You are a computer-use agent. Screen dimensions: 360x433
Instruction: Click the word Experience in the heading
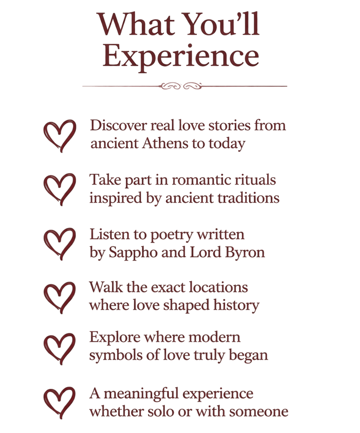(180, 56)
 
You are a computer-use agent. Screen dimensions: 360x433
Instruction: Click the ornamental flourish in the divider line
(181, 86)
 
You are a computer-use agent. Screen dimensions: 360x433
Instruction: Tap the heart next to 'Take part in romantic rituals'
(59, 189)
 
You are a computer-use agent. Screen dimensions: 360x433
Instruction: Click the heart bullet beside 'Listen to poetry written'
(59, 243)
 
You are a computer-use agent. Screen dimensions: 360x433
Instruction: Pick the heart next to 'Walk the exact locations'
(59, 297)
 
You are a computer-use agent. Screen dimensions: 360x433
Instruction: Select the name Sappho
(128, 253)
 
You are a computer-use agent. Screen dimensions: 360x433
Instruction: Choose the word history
(236, 306)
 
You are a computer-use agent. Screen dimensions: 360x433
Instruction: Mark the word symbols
(111, 355)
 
